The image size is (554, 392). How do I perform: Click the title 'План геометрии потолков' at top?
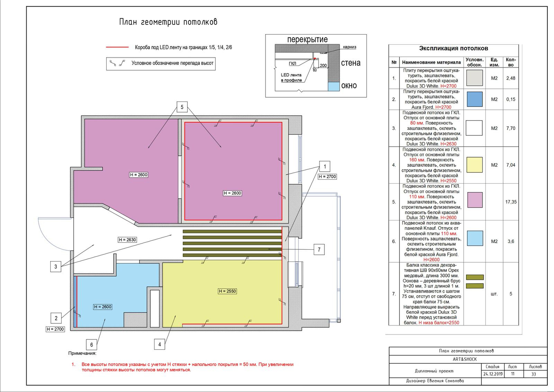(x=168, y=22)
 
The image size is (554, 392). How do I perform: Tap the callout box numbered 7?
(x=319, y=250)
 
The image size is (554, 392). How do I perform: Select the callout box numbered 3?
(x=56, y=266)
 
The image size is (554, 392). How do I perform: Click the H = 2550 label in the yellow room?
(x=227, y=291)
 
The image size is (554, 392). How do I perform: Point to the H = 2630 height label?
(x=127, y=240)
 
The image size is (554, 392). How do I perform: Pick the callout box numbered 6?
(x=91, y=345)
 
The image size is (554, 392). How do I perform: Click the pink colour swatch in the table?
(x=475, y=200)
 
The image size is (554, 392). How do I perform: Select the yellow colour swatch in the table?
(x=474, y=165)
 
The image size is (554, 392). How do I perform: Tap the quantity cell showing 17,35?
(x=511, y=202)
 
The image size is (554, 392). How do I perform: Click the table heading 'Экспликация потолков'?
(x=453, y=48)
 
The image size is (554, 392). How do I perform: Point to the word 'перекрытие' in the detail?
(x=307, y=39)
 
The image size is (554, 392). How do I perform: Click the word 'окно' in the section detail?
(x=349, y=86)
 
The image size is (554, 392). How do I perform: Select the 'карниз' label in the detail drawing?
(x=349, y=47)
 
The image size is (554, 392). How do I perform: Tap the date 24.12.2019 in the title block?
(x=493, y=374)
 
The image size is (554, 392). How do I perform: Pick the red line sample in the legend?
(x=117, y=47)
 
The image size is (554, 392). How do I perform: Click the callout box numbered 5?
(x=182, y=107)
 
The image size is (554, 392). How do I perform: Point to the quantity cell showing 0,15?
(x=511, y=99)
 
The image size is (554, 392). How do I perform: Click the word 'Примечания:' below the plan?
(x=82, y=353)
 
